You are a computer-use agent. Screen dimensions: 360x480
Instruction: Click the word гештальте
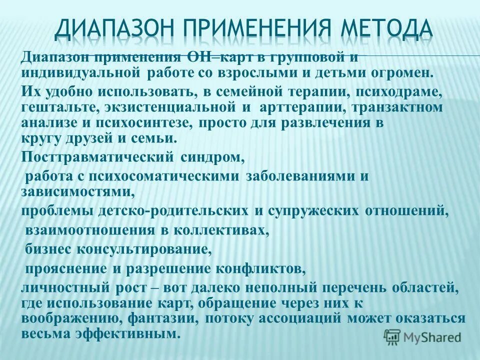56,107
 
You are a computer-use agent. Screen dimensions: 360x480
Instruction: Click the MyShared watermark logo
422,336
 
